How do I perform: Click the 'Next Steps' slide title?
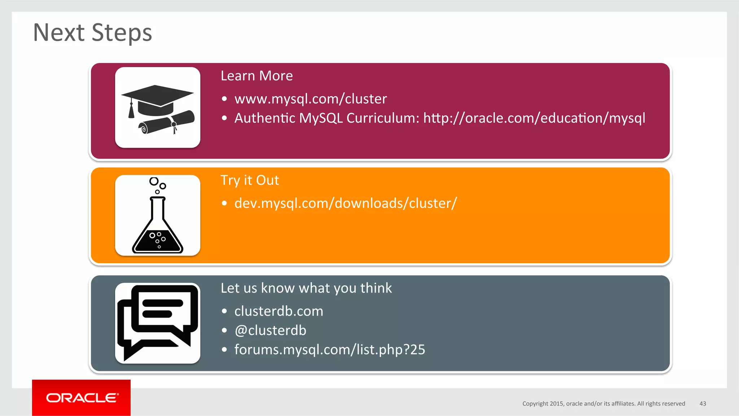92,33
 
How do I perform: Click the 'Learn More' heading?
257,76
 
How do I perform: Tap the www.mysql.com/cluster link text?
310,99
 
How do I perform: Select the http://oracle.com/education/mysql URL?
534,118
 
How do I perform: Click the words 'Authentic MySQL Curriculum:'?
327,118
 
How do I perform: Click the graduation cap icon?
157,96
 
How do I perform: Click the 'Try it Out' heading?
250,180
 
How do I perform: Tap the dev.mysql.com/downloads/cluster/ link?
345,203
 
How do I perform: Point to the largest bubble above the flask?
154,181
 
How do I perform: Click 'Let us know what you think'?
306,288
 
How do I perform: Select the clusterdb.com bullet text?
279,311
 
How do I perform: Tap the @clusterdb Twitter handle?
270,330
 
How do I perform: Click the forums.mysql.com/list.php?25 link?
329,349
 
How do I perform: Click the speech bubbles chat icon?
158,322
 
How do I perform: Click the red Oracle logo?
82,398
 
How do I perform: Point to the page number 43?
703,403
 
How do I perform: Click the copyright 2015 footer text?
603,403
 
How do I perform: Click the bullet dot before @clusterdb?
224,330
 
